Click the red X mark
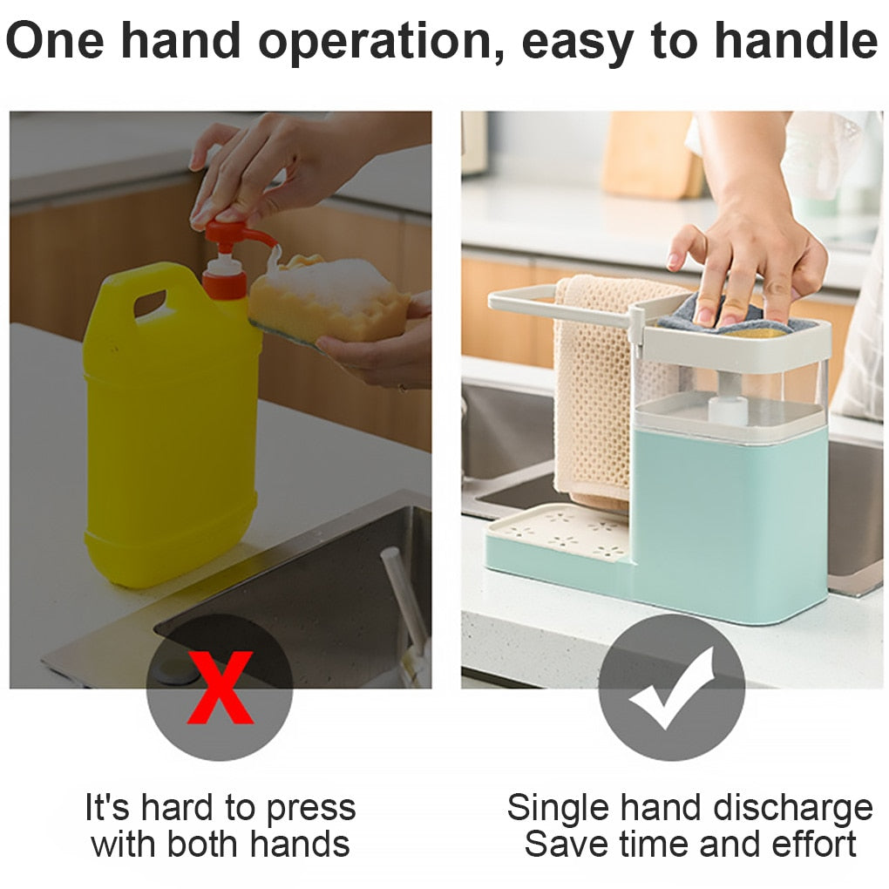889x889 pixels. click(220, 687)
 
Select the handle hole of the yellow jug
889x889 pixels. click(150, 303)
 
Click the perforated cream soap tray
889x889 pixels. click(559, 532)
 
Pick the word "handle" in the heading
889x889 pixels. click(796, 40)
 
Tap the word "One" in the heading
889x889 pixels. click(56, 40)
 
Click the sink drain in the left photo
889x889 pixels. click(176, 669)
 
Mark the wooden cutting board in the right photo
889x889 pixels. click(652, 154)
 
